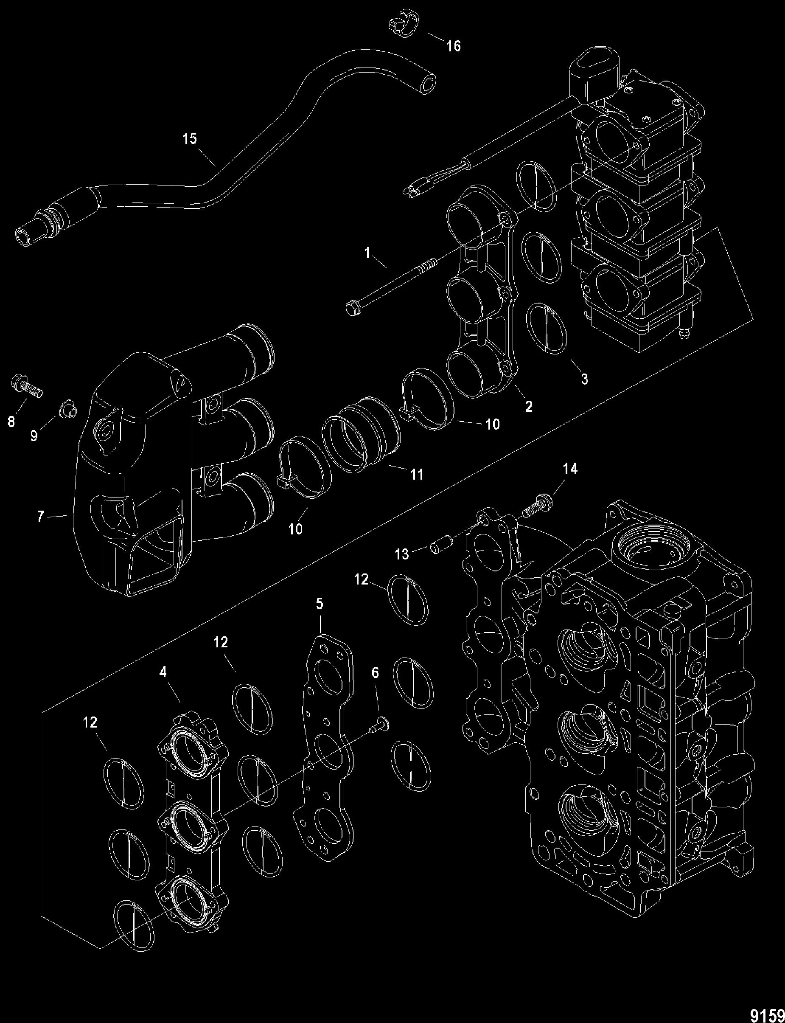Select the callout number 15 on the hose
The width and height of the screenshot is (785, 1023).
190,139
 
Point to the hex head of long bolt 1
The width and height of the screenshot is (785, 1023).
350,308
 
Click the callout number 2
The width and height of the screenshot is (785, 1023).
528,407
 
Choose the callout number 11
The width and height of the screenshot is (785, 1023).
416,474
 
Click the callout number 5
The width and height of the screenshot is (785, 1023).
319,604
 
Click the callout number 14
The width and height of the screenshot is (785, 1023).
570,468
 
